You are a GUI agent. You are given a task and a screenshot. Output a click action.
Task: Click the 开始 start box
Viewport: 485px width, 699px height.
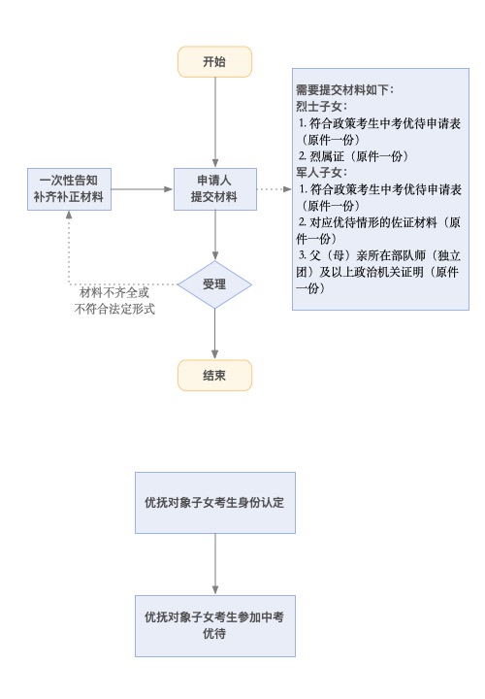pyautogui.click(x=214, y=61)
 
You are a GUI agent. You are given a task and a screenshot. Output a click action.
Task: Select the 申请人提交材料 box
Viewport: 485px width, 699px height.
pyautogui.click(x=215, y=189)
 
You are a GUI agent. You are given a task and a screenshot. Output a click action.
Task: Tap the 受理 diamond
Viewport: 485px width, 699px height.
pyautogui.click(x=214, y=284)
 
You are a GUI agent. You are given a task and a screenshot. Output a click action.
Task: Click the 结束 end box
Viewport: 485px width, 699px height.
pyautogui.click(x=214, y=376)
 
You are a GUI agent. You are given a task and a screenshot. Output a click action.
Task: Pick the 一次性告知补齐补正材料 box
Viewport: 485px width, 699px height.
pyautogui.click(x=69, y=189)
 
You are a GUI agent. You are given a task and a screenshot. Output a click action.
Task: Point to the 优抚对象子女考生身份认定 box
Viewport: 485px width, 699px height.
pyautogui.click(x=215, y=503)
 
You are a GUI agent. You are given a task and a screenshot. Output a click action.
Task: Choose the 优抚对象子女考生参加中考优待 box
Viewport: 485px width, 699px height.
pyautogui.click(x=215, y=626)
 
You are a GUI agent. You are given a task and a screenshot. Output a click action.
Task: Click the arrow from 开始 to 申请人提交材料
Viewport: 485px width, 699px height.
pyautogui.click(x=215, y=122)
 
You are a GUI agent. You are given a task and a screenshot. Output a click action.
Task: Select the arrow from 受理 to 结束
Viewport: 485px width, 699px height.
pyautogui.click(x=214, y=334)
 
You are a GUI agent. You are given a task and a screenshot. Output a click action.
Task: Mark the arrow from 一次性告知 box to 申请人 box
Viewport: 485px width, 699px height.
pyautogui.click(x=142, y=189)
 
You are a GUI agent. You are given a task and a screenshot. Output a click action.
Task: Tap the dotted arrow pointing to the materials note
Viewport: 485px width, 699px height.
pyautogui.click(x=275, y=189)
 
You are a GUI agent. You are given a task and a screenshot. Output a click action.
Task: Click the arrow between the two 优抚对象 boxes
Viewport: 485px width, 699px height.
pyautogui.click(x=215, y=564)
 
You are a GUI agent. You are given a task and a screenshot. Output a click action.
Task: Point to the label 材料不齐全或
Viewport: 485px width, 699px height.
pyautogui.click(x=114, y=293)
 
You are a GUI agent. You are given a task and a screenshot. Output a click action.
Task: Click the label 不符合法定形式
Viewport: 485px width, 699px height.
pyautogui.click(x=114, y=309)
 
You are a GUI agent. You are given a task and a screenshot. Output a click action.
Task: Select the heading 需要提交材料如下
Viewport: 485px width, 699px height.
pyautogui.click(x=344, y=90)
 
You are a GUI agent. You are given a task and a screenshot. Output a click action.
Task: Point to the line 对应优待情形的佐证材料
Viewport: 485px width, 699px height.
pyautogui.click(x=373, y=222)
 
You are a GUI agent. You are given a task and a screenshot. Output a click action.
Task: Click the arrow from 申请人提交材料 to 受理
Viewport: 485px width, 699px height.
pyautogui.click(x=215, y=235)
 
